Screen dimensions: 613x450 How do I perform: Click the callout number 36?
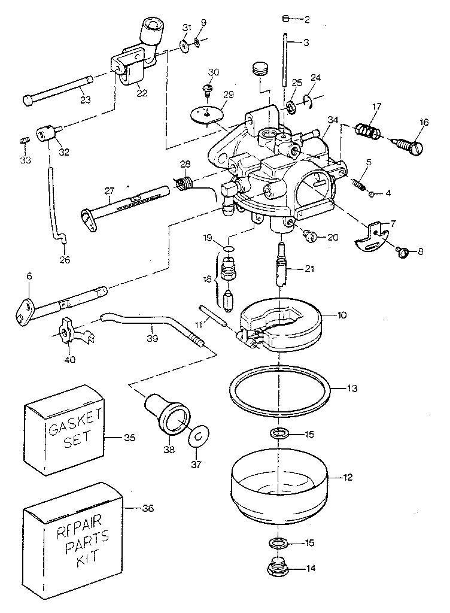click(147, 508)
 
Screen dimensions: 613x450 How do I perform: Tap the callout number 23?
click(85, 99)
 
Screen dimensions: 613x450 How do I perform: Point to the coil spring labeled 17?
click(367, 130)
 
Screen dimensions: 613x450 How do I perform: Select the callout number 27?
click(109, 191)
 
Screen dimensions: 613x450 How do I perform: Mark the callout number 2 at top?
click(306, 19)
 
